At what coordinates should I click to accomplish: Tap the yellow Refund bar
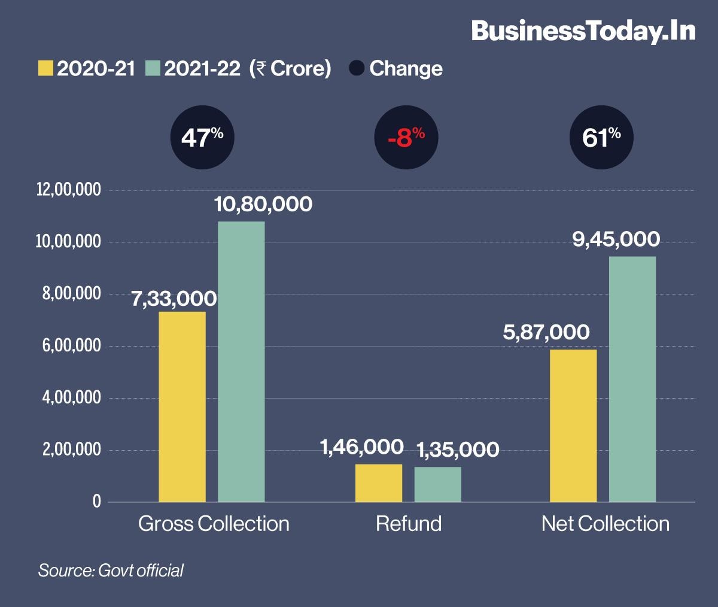pyautogui.click(x=379, y=482)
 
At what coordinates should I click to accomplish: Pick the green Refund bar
pyautogui.click(x=438, y=484)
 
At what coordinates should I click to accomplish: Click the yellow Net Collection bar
pyautogui.click(x=573, y=425)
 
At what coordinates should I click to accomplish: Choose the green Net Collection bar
pyautogui.click(x=632, y=378)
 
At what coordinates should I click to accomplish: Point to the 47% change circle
pyautogui.click(x=202, y=138)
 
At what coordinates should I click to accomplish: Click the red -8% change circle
pyautogui.click(x=406, y=138)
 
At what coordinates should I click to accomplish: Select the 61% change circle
pyautogui.click(x=601, y=138)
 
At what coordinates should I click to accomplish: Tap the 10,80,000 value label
pyautogui.click(x=263, y=204)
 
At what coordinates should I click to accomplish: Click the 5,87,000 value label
pyautogui.click(x=546, y=332)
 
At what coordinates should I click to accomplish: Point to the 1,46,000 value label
pyautogui.click(x=361, y=447)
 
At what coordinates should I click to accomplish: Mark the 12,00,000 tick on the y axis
pyautogui.click(x=69, y=190)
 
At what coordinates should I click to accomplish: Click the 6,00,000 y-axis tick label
pyautogui.click(x=71, y=346)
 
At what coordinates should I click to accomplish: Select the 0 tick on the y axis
pyautogui.click(x=97, y=502)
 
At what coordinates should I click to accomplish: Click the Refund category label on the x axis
pyautogui.click(x=409, y=524)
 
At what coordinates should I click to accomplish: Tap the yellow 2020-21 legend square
pyautogui.click(x=45, y=68)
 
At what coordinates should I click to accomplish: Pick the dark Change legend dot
pyautogui.click(x=357, y=68)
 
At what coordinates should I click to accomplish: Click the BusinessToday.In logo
pyautogui.click(x=583, y=31)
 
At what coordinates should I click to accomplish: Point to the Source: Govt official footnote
pyautogui.click(x=111, y=570)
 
